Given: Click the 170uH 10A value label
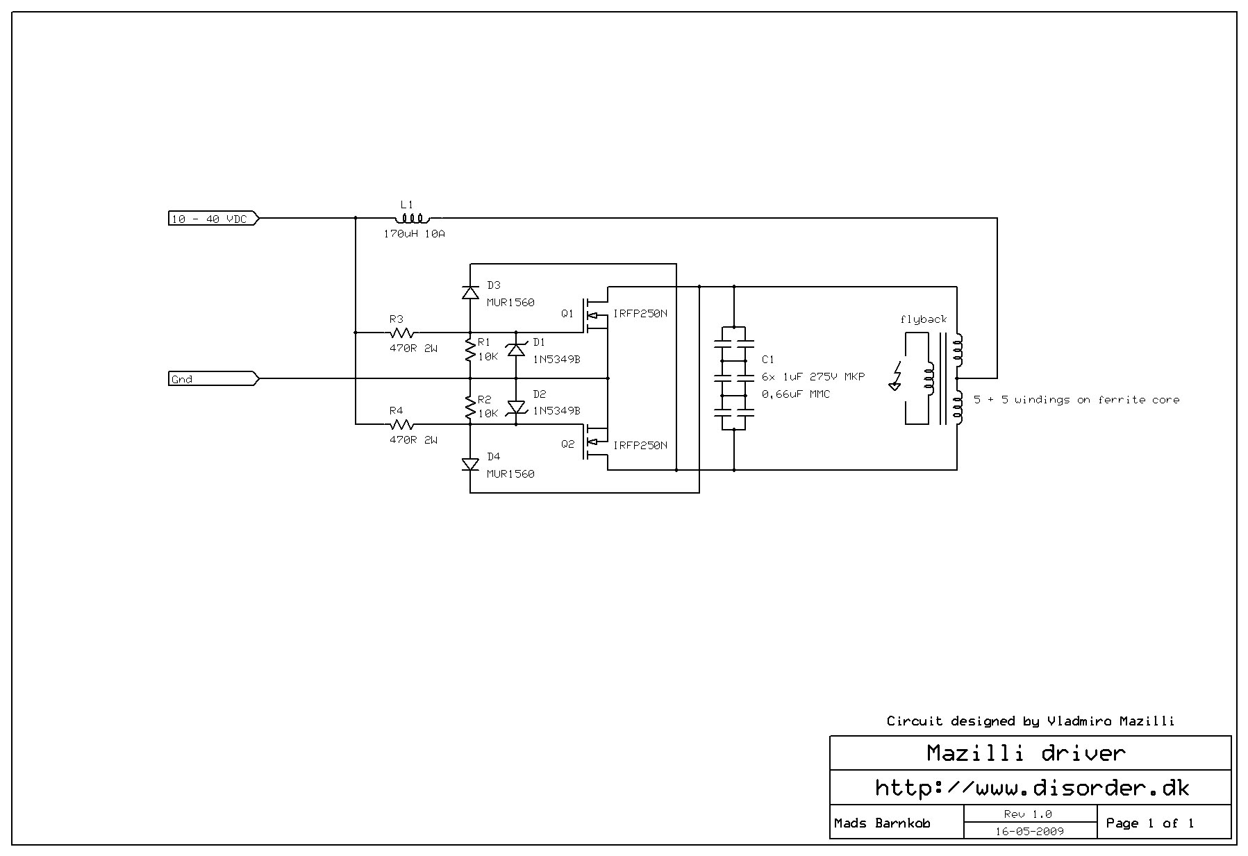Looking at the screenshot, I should pos(414,234).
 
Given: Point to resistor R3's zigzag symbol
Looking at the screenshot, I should pos(401,333).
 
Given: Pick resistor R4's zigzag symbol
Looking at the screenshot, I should pos(401,424).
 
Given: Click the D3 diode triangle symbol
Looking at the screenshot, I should pos(470,292).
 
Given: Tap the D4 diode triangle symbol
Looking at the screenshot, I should pos(470,464).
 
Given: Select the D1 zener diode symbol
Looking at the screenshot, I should pos(515,349).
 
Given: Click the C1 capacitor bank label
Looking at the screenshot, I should pos(767,360).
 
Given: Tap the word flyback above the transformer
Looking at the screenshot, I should pos(923,319).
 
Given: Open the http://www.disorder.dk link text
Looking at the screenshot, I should pos(1031,788).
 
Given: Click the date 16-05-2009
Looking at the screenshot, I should pos(1029,831).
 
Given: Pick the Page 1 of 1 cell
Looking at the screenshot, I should pos(1149,823).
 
